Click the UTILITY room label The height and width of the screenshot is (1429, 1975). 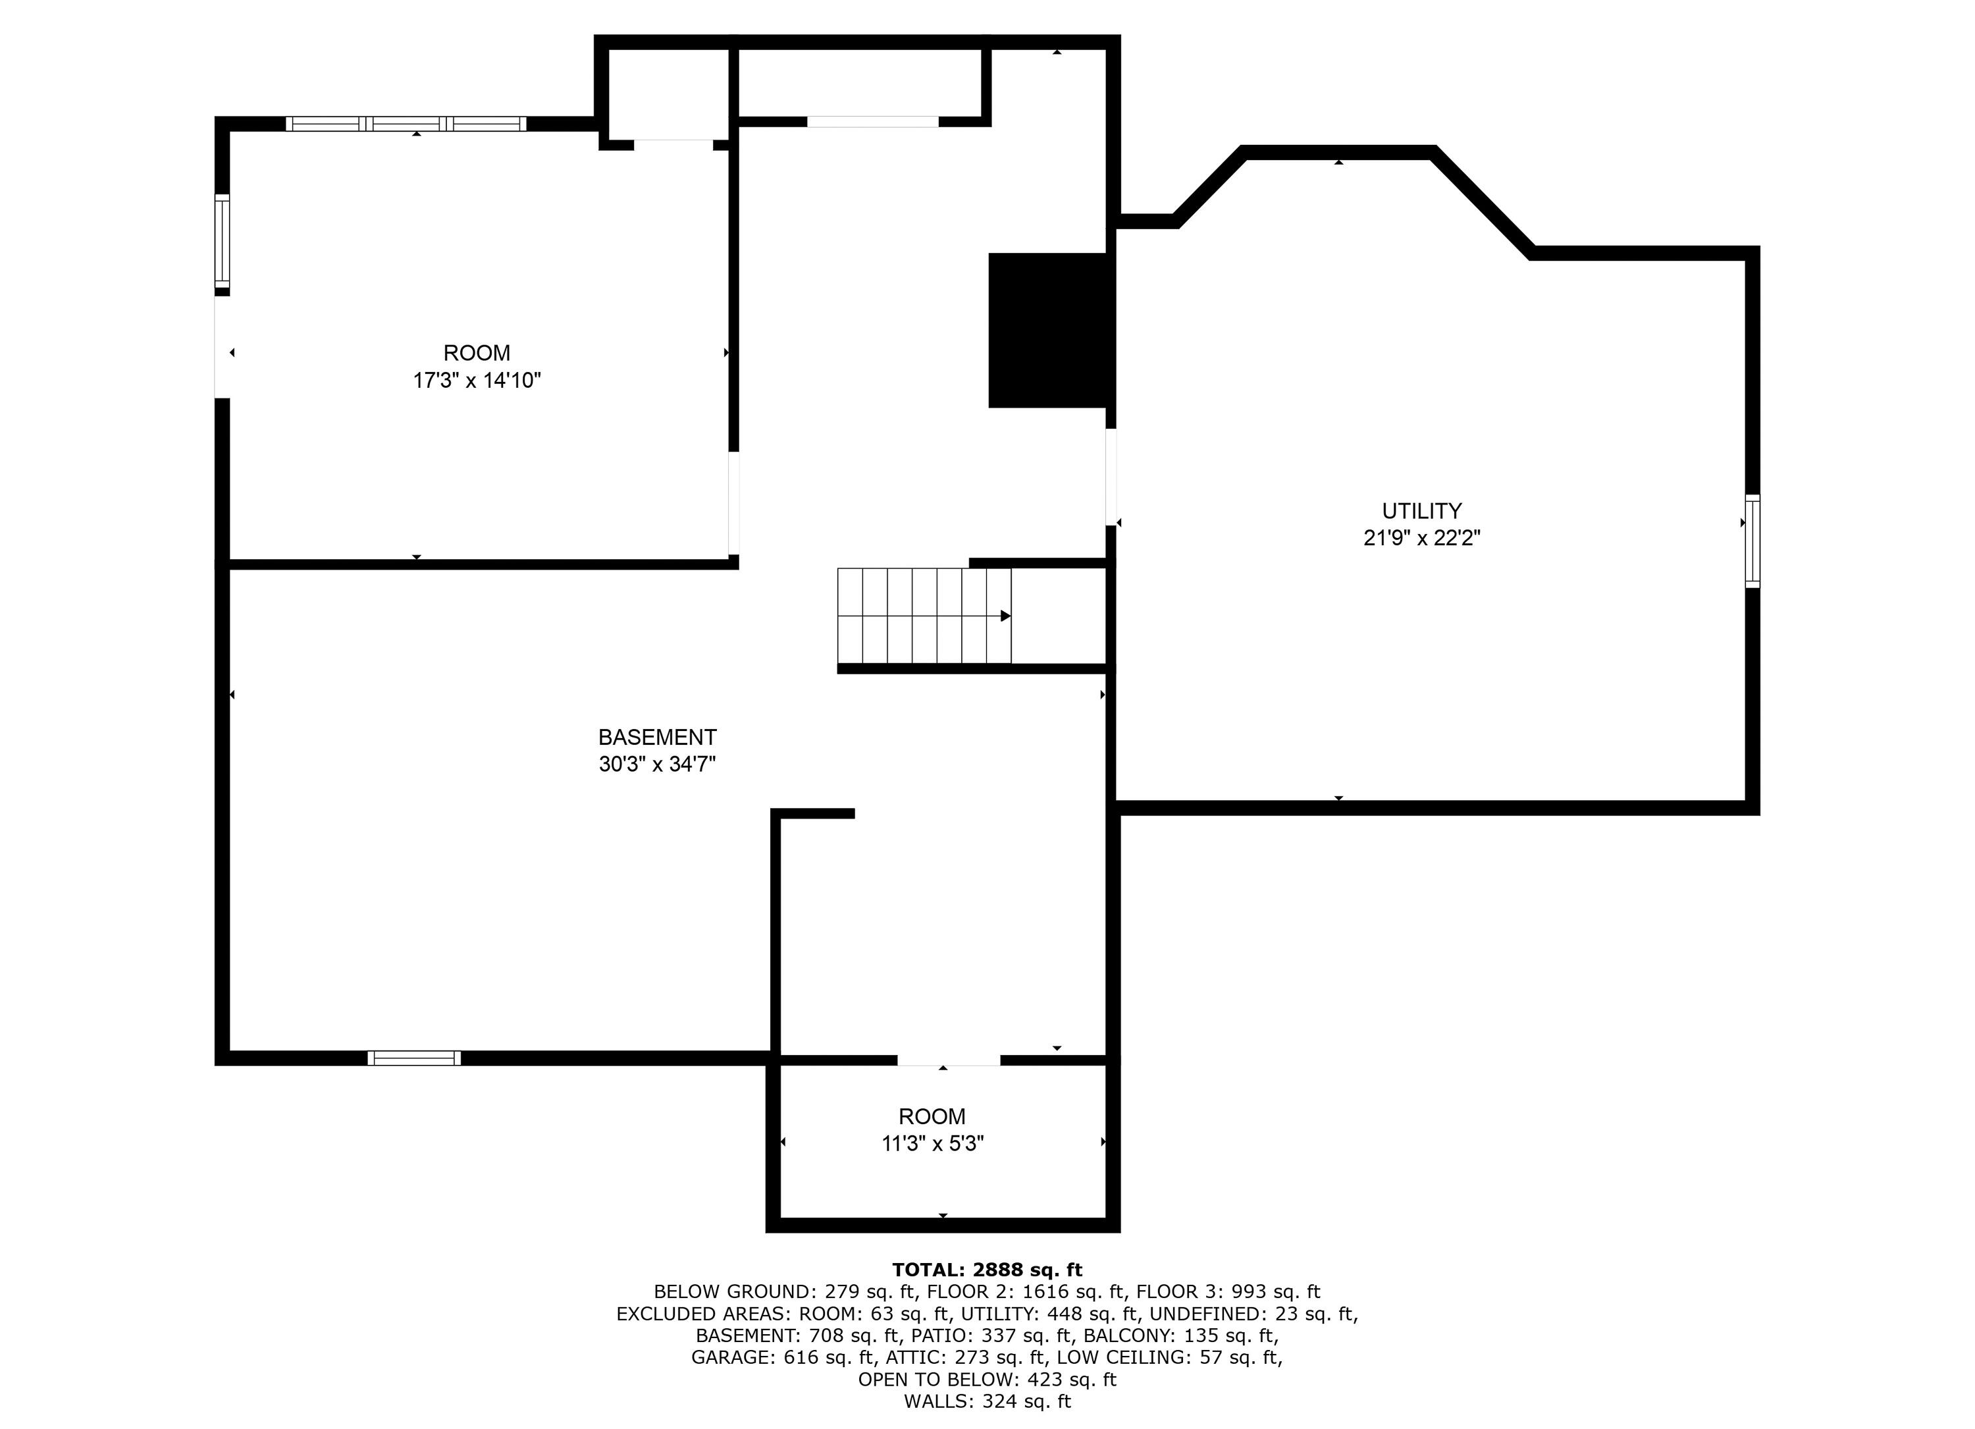[1421, 510]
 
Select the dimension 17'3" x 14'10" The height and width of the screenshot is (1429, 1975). [477, 381]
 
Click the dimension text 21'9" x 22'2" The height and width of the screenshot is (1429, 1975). [1421, 538]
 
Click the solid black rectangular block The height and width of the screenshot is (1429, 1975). [1050, 330]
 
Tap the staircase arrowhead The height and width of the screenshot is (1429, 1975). [1005, 616]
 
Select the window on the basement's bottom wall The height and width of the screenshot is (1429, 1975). [413, 1058]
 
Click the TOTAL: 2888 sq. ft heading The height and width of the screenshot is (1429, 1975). [987, 1270]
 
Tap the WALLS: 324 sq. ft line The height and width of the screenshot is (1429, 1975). [987, 1401]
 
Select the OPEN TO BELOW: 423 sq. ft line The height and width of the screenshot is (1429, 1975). [987, 1380]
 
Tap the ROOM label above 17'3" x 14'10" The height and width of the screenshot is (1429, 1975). [477, 353]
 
